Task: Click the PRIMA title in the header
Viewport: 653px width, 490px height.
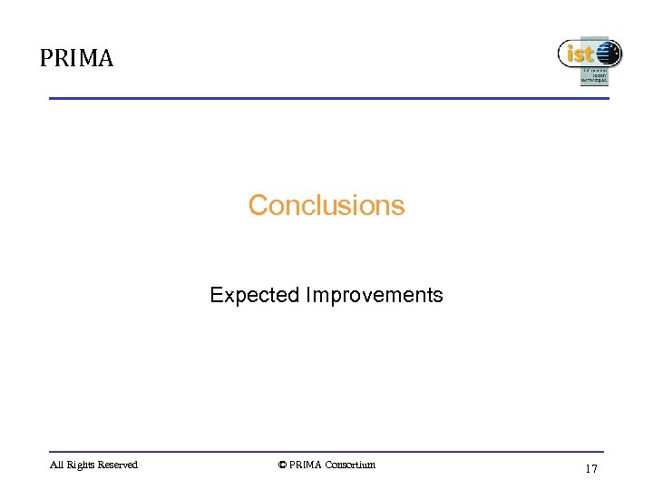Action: (x=76, y=59)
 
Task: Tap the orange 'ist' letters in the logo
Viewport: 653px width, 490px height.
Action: (x=579, y=54)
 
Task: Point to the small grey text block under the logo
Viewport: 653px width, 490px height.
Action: (x=594, y=76)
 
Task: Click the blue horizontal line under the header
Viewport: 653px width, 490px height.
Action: (x=326, y=98)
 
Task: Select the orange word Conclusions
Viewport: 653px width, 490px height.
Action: (x=326, y=205)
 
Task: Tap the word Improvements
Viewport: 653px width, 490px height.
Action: (x=374, y=295)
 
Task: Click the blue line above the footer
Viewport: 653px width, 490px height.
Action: (x=326, y=451)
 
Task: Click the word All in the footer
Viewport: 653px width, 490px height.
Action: (x=56, y=465)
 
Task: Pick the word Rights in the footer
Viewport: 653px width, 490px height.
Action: (x=82, y=465)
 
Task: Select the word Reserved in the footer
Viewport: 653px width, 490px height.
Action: (x=119, y=465)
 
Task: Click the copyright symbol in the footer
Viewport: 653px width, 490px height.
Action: (x=282, y=465)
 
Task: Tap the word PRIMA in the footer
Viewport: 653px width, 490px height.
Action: (x=306, y=465)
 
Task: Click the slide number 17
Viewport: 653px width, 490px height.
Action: (x=591, y=469)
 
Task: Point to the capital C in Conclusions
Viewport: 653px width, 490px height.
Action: (x=258, y=205)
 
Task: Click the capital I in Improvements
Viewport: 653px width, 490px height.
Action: (x=308, y=295)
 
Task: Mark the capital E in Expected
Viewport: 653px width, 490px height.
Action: (x=215, y=295)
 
